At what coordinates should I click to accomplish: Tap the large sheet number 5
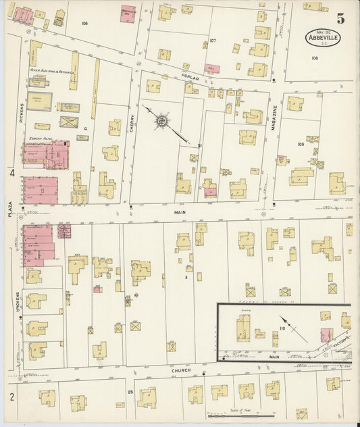[340, 18]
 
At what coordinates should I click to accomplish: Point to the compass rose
[162, 122]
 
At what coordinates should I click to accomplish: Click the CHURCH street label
[180, 371]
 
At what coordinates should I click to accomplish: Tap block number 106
[84, 24]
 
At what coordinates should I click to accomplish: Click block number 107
[212, 41]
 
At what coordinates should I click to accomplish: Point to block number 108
[314, 58]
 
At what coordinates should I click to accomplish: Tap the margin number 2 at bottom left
[11, 397]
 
